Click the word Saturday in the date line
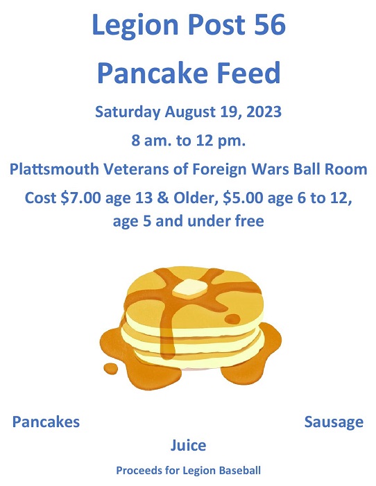[128, 112]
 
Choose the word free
[248, 223]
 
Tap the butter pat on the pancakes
[189, 288]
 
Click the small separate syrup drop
[110, 367]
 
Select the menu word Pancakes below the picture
[46, 422]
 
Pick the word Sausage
[334, 422]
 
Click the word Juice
[188, 444]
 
